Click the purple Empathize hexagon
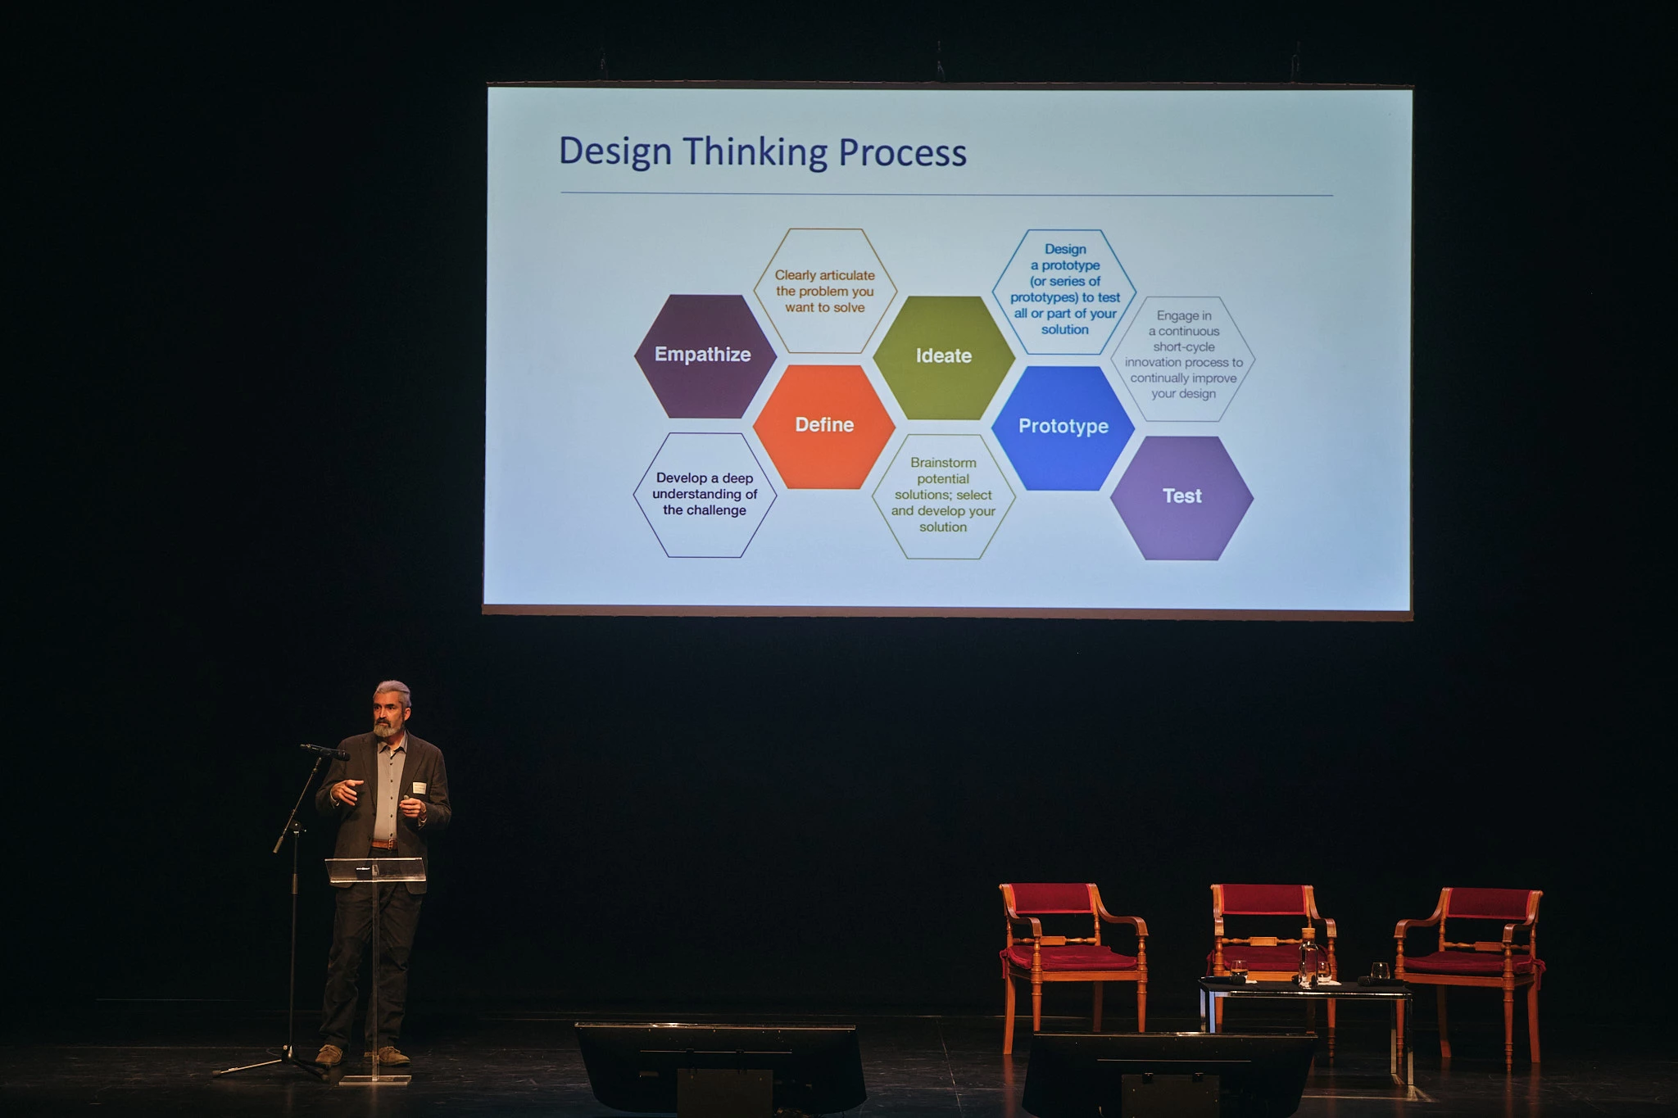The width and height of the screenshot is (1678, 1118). tap(705, 356)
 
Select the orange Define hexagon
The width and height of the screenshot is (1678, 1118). tap(824, 426)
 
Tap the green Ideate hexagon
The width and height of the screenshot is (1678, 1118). tap(944, 357)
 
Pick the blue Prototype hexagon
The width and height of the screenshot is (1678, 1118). tap(1063, 428)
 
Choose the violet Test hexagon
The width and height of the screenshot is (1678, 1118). tap(1182, 498)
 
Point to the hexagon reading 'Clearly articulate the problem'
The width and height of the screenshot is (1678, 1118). tap(825, 291)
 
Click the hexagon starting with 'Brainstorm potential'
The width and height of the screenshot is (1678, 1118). tap(944, 496)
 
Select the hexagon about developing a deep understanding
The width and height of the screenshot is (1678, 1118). tap(705, 495)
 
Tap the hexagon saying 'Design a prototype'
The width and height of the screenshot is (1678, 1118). tap(1064, 292)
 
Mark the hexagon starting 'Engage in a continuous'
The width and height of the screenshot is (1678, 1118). tap(1183, 359)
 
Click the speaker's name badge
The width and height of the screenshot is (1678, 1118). tap(419, 788)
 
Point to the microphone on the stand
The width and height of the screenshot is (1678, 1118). tap(324, 751)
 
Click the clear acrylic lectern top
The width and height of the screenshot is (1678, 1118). tap(375, 869)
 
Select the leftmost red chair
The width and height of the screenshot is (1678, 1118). tap(1072, 962)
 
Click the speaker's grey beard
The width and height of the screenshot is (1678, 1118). tap(388, 726)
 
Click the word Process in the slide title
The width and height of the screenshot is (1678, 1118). tap(902, 153)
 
